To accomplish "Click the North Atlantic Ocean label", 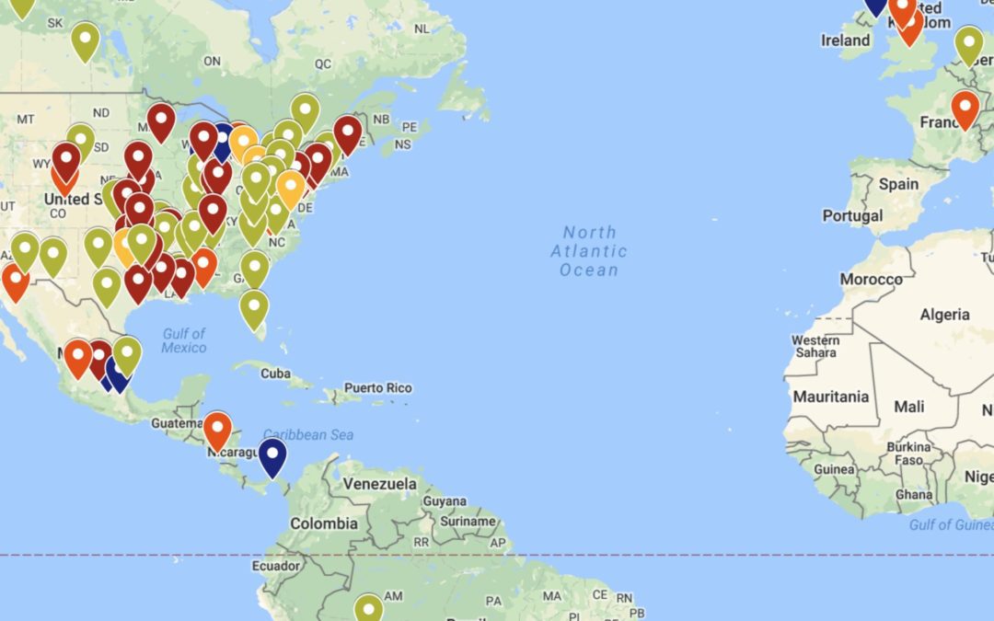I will click(589, 251).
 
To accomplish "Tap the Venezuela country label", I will click(379, 484).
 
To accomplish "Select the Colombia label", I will click(324, 523).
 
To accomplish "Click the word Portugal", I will click(853, 216).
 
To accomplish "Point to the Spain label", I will click(898, 184).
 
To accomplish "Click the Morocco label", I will click(871, 279).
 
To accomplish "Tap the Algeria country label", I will click(944, 315).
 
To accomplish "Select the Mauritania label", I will click(831, 397).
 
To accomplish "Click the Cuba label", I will click(275, 374).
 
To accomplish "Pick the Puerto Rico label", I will click(378, 388).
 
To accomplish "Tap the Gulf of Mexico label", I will click(184, 340).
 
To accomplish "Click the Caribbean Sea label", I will click(308, 435).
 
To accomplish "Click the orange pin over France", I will click(965, 108).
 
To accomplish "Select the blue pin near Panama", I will click(272, 455).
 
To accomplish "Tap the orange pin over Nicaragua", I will click(217, 429).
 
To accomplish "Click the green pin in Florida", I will click(253, 307).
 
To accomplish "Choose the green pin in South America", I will click(368, 608).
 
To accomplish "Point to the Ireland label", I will click(845, 40).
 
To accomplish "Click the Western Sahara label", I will click(815, 347).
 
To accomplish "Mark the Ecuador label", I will click(276, 567).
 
